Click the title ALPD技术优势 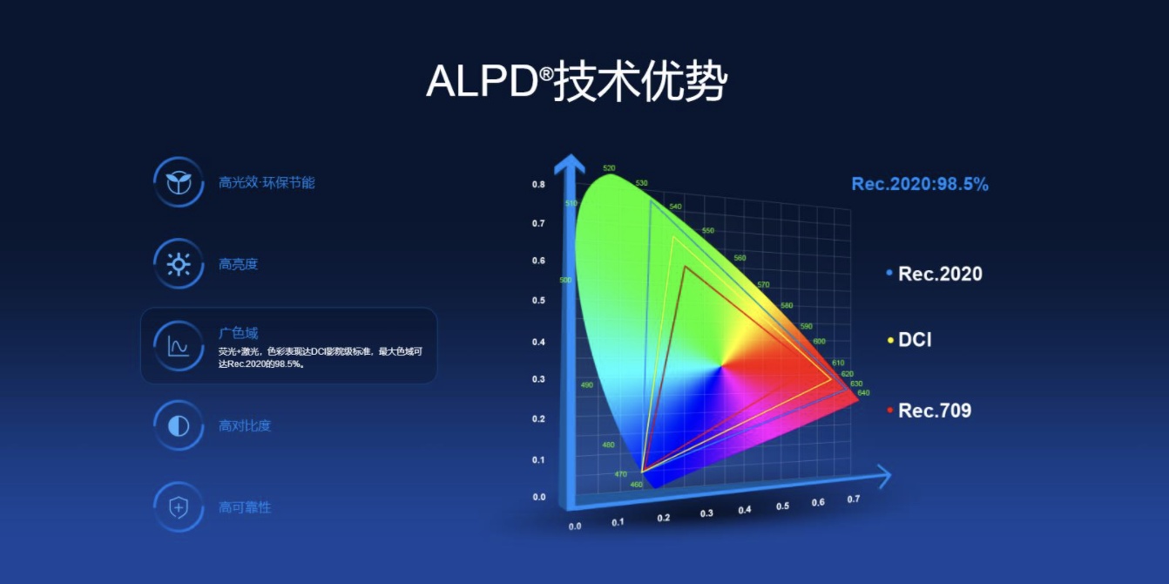[576, 83]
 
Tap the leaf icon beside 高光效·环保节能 [179, 182]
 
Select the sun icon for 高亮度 [179, 263]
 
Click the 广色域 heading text [238, 333]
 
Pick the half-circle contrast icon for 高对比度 [179, 425]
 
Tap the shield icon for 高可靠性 [179, 506]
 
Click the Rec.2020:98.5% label [919, 184]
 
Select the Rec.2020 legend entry [939, 274]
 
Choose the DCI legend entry [914, 340]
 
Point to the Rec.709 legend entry [934, 411]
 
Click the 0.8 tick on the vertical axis [538, 185]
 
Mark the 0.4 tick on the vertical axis [538, 342]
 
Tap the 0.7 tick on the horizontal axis [853, 499]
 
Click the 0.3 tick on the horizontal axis [706, 513]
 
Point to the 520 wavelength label [609, 168]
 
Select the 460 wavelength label [636, 485]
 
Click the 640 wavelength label [863, 393]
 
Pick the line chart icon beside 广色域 [179, 345]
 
